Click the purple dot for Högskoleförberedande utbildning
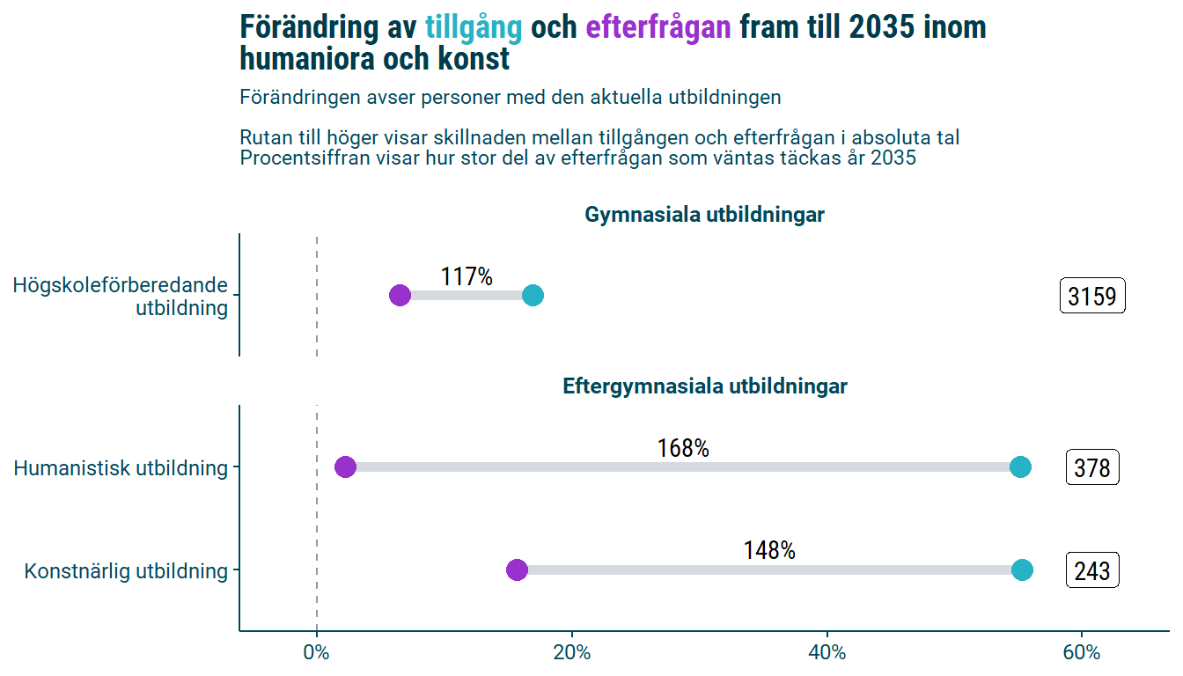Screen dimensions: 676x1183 [400, 296]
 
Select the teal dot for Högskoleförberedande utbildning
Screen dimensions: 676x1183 [533, 296]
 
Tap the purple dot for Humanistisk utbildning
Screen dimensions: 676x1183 [345, 467]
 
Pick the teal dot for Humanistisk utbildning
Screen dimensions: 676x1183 [1020, 467]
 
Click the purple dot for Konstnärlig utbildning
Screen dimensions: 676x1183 [517, 569]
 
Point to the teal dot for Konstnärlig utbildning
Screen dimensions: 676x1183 [1022, 569]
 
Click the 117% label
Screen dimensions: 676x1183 [467, 276]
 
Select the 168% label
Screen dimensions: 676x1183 [683, 448]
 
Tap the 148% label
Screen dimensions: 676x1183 [769, 550]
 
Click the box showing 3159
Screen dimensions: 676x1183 [1092, 297]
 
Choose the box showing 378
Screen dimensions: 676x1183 [1092, 467]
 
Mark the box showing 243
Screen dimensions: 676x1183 [1092, 570]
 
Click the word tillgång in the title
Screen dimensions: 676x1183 [474, 27]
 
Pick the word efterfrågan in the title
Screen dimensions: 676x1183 [658, 27]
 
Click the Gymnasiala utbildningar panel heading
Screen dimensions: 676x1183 [704, 215]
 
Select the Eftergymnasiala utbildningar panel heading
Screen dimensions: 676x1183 [704, 386]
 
